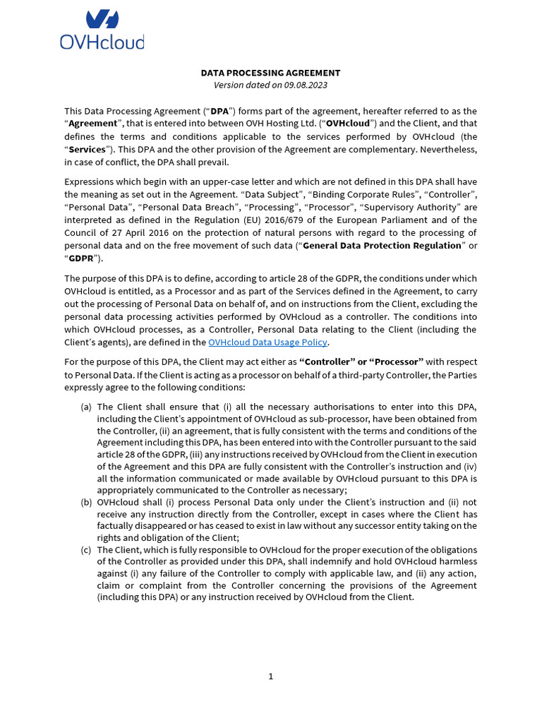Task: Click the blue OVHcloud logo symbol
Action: [x=102, y=20]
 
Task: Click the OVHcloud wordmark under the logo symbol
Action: [x=102, y=42]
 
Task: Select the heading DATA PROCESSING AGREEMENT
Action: [x=270, y=73]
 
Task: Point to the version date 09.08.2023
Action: [x=306, y=85]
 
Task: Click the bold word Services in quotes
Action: [x=88, y=149]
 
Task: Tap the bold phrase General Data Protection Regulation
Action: [x=382, y=245]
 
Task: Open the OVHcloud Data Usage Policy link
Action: [x=267, y=342]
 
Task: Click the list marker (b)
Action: [x=86, y=502]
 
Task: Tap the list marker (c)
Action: [x=86, y=549]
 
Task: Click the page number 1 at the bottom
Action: [x=270, y=676]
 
